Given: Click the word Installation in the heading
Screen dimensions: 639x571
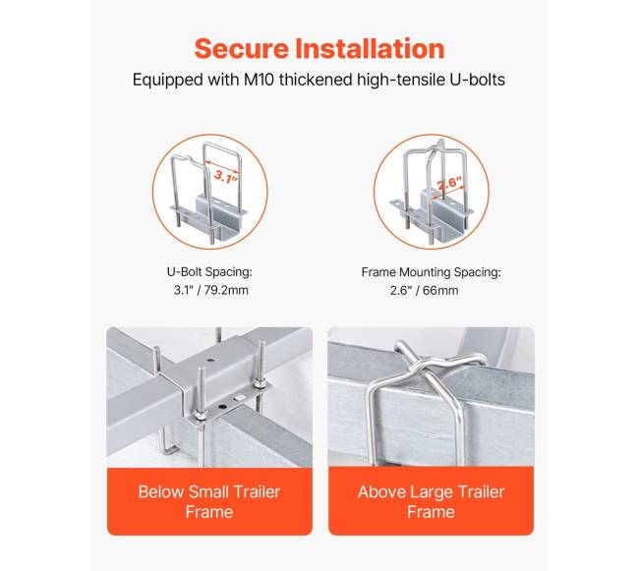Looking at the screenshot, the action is [370, 48].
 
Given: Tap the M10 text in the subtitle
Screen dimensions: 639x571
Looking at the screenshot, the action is [259, 79].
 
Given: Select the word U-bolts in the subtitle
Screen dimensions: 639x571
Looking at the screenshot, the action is [477, 79].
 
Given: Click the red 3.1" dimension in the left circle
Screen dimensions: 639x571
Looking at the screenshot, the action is [225, 176].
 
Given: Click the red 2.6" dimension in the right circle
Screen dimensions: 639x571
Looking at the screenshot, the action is [450, 183].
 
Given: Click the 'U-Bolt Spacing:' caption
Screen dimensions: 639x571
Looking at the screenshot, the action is [209, 271].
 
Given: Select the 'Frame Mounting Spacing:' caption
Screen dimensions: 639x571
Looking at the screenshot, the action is [432, 272].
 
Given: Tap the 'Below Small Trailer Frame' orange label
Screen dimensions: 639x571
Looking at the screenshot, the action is [209, 501].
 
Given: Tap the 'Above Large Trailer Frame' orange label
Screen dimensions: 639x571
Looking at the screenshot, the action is [432, 501].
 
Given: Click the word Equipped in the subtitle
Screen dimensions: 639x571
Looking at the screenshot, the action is [167, 80].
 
